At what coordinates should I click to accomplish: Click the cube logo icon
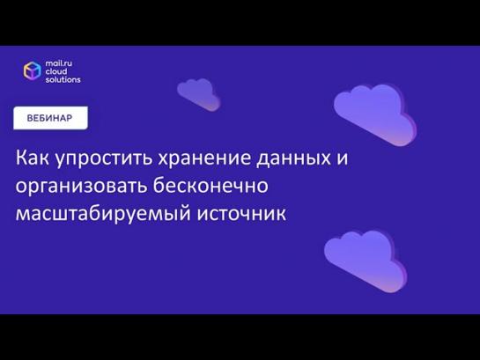pos(33,70)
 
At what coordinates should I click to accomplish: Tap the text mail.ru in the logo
pos(59,63)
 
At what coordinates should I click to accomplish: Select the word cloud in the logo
pos(56,71)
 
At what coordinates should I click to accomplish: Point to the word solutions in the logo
pos(63,79)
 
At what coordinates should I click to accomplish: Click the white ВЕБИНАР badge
pos(50,118)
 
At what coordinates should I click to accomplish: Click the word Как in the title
pos(32,158)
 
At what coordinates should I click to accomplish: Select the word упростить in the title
pos(104,159)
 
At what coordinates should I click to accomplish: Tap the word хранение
pos(204,159)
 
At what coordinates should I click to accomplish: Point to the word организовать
pos(81,187)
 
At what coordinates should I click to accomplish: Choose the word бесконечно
pos(210,185)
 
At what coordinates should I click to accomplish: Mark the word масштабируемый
pos(103,214)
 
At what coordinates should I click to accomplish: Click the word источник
pos(241,214)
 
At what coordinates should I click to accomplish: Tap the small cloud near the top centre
pos(198,94)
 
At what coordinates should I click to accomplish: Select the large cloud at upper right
pos(375,114)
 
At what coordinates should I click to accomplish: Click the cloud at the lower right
pos(366,261)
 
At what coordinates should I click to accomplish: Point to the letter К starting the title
pos(22,158)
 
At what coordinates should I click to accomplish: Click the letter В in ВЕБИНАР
pos(30,118)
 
